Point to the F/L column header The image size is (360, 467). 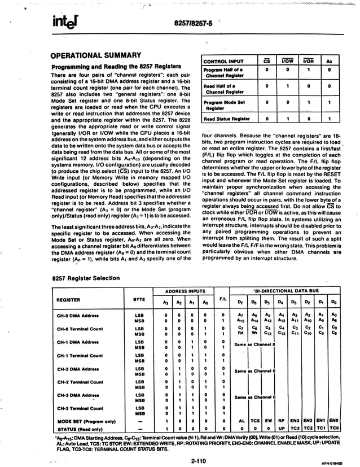click(223, 298)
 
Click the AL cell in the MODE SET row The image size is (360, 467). click(241, 421)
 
